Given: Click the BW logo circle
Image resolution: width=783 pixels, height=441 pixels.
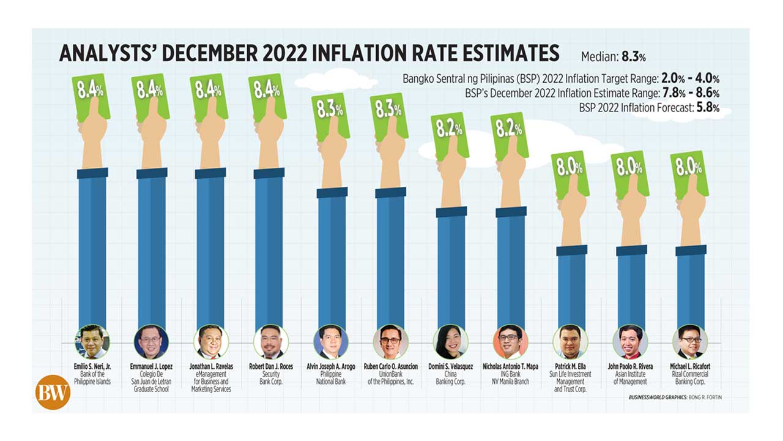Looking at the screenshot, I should pos(53,392).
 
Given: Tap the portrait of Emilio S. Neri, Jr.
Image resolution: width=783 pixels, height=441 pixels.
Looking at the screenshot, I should pos(92,341).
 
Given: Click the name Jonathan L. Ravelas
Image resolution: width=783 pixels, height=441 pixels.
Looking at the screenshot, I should pos(211,366).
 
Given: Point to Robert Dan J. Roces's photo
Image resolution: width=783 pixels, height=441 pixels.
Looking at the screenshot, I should pos(270,341).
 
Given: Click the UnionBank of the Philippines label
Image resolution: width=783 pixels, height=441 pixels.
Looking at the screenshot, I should pos(390,378).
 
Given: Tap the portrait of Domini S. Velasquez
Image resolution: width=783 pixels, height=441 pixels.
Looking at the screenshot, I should pos(450,341).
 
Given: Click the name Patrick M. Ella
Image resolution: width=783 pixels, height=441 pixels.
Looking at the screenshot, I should pos(570,366).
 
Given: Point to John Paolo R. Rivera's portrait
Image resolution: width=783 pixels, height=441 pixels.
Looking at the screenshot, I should pos(630,341).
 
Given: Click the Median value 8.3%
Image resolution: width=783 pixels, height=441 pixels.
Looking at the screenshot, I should pos(634,58).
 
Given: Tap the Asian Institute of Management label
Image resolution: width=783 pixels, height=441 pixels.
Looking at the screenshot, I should pos(630,378).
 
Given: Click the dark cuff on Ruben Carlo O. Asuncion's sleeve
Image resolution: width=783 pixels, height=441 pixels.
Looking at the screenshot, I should pos(390,192).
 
